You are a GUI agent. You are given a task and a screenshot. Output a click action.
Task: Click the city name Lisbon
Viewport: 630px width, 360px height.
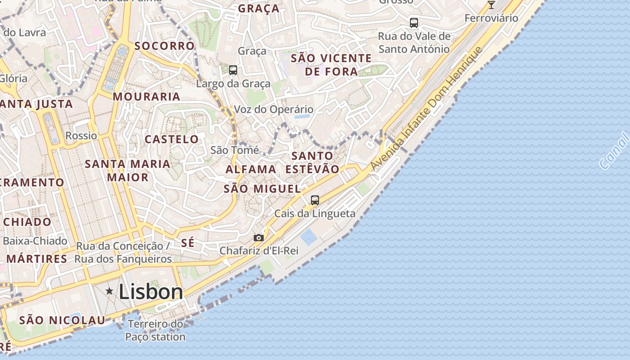click(151, 292)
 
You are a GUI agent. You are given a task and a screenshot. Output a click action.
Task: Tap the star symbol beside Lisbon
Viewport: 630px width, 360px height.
click(109, 291)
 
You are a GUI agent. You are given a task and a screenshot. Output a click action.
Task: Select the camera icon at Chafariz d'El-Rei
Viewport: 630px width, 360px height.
click(259, 238)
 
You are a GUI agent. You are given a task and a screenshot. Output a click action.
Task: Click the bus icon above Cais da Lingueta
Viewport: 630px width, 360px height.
click(315, 200)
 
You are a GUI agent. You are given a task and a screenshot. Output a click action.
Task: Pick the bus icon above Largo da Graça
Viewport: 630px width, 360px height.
click(233, 70)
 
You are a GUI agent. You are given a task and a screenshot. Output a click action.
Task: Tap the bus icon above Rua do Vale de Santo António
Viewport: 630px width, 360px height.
click(414, 23)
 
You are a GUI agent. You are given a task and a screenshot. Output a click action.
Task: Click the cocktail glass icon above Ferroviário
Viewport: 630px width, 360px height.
click(491, 5)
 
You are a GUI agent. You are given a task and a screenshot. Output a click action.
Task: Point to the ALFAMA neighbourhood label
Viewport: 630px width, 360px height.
click(251, 170)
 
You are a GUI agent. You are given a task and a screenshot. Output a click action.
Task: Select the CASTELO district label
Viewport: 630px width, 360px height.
click(171, 139)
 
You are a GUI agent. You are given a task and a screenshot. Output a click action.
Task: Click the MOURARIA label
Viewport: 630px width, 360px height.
click(147, 97)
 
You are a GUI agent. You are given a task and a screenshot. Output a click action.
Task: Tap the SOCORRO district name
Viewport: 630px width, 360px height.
click(164, 46)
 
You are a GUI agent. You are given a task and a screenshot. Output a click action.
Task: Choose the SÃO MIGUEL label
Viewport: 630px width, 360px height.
click(262, 189)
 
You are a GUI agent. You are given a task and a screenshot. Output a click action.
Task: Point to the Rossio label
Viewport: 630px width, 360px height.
click(81, 135)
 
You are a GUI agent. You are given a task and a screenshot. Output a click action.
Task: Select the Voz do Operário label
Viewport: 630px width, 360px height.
click(274, 109)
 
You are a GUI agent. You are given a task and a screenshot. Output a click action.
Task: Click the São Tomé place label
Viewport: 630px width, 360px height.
click(235, 150)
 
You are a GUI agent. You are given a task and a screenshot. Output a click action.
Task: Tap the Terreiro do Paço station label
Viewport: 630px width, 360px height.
click(155, 330)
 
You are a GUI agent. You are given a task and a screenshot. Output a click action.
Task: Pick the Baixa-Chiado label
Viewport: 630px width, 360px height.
click(35, 241)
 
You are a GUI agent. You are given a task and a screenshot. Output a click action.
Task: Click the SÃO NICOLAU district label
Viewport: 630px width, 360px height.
click(62, 320)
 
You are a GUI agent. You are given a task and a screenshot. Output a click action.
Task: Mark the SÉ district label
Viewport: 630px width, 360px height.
click(188, 243)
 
